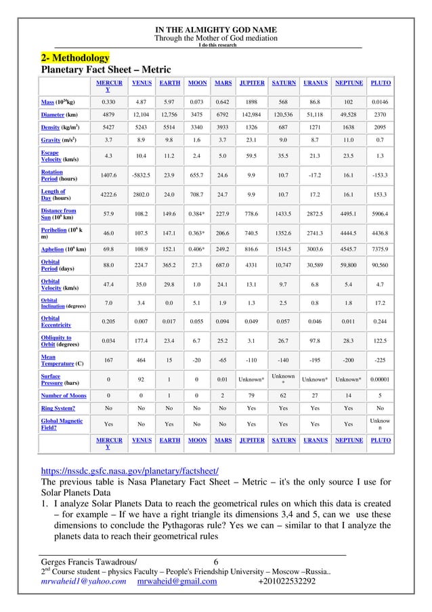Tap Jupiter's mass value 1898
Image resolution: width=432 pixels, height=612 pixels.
click(251, 102)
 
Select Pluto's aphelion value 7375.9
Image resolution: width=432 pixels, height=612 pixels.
click(381, 248)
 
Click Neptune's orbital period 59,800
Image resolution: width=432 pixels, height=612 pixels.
click(349, 265)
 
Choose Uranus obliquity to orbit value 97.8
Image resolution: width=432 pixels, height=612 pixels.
click(315, 340)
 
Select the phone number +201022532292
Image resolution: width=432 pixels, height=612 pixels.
click(287, 582)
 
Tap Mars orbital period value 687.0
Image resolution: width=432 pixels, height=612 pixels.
click(219, 265)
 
